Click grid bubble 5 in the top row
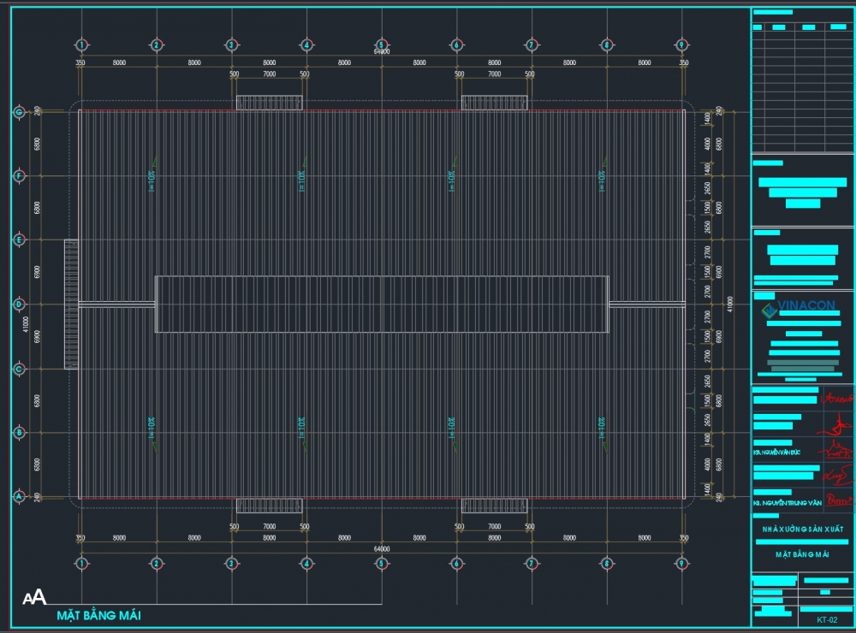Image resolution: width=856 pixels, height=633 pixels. tap(382, 44)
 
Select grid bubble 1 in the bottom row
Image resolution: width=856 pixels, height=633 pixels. tap(81, 564)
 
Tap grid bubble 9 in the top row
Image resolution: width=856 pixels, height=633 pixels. tap(682, 44)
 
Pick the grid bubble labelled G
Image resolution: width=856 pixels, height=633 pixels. tap(18, 111)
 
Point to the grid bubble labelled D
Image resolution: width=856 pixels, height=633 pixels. tap(18, 304)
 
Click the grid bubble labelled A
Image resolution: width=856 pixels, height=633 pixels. tap(18, 496)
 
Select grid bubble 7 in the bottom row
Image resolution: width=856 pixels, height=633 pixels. tap(532, 564)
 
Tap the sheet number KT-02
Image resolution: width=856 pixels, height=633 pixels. tap(826, 619)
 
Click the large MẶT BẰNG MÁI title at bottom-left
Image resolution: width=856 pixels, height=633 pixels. tap(98, 615)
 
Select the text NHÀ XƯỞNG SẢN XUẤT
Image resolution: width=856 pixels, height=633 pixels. tap(802, 530)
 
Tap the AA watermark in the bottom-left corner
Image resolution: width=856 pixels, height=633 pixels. tap(34, 597)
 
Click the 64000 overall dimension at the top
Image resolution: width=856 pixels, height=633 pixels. tap(382, 53)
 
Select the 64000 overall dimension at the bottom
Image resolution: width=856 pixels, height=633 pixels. tap(382, 548)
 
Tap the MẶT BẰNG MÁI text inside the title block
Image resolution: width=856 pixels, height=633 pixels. tap(802, 554)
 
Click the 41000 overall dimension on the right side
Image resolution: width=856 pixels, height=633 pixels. tap(729, 304)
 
